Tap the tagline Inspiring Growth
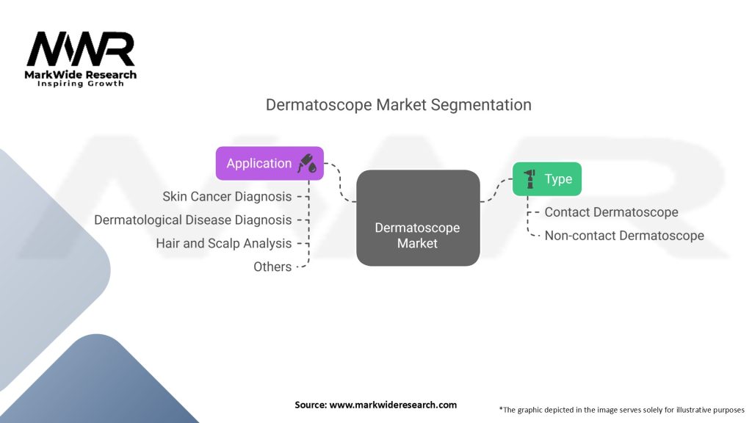(81, 84)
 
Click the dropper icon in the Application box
(307, 164)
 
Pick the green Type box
(546, 178)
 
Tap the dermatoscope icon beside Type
(529, 178)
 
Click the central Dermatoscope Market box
(417, 218)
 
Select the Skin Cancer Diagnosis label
(227, 196)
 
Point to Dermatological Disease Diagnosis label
(193, 220)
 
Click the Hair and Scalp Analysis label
(224, 243)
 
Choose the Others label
(272, 267)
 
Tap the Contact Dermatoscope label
(611, 212)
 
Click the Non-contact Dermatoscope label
(624, 236)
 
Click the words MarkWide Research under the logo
(81, 74)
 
